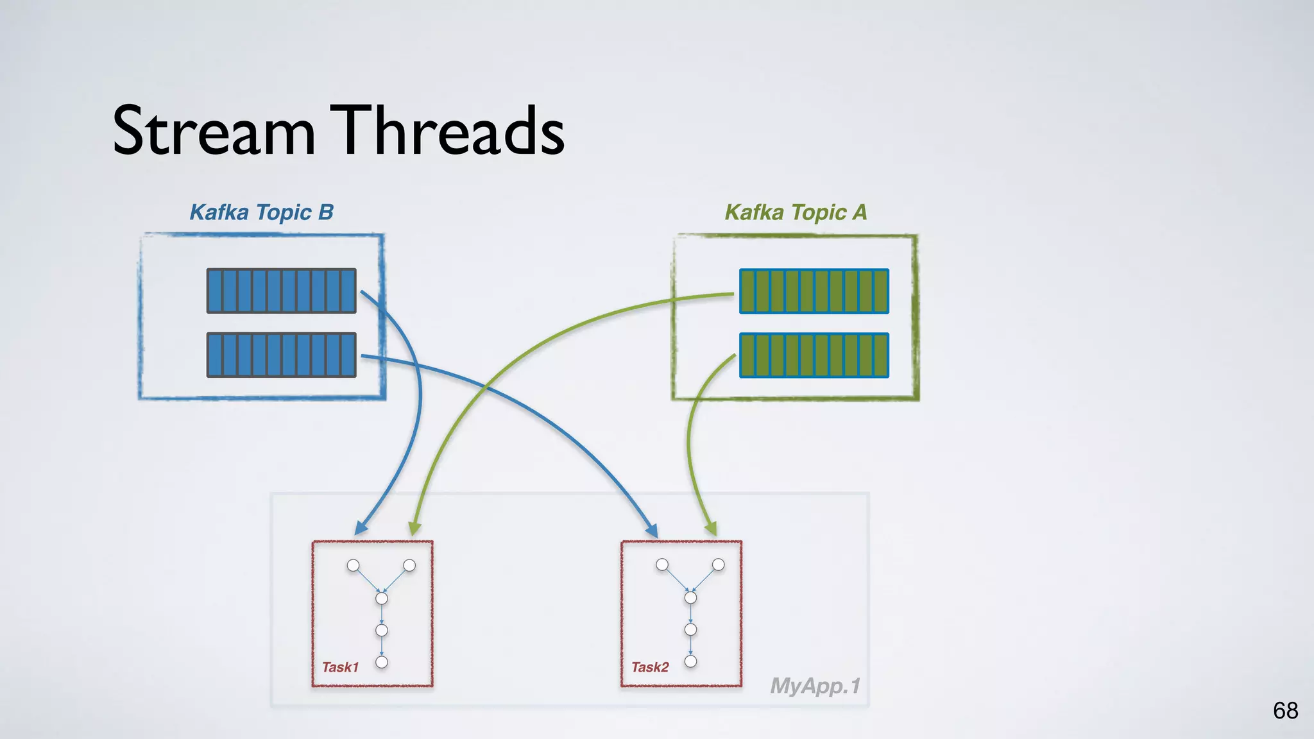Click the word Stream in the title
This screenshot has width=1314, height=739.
tap(214, 132)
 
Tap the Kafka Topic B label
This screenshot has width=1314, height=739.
tap(261, 212)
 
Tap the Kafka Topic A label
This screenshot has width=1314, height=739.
tap(796, 212)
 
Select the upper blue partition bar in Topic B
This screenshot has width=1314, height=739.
tap(281, 291)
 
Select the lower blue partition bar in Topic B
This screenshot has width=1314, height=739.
tap(281, 355)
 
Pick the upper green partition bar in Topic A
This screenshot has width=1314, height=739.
tap(814, 291)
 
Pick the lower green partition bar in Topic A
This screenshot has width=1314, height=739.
tap(814, 355)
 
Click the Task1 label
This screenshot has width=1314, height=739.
tap(340, 667)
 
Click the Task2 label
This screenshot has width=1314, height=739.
tap(649, 667)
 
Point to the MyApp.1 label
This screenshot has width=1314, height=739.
tap(815, 686)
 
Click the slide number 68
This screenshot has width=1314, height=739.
tap(1285, 711)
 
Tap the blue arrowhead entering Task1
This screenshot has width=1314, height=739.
tap(361, 528)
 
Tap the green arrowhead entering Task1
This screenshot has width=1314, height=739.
tap(414, 528)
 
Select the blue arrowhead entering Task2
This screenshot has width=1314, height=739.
tap(652, 531)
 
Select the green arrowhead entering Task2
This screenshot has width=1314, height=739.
tap(711, 529)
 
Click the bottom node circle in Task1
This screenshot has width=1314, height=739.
tap(382, 662)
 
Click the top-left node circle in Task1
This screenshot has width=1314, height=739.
tap(353, 565)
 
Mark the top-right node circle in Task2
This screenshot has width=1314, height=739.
tap(719, 565)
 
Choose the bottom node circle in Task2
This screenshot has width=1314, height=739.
tap(690, 661)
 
